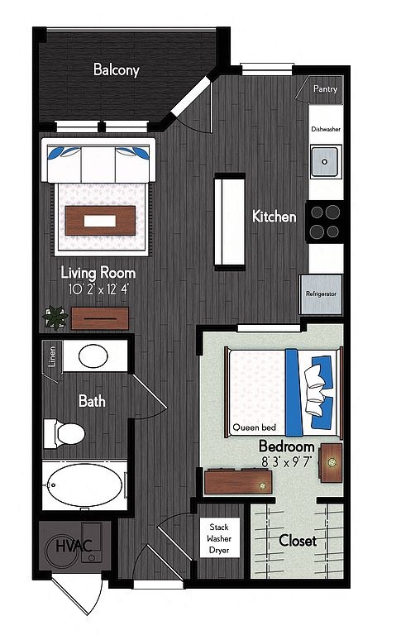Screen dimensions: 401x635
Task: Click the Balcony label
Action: point(117,69)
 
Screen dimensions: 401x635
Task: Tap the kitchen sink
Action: point(324,161)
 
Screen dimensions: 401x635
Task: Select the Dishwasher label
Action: point(326,129)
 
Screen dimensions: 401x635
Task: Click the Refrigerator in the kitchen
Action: point(321,294)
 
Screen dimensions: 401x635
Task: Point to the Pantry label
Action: point(325,88)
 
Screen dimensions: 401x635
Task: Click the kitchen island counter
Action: point(230,222)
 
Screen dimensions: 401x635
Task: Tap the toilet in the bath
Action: point(64,434)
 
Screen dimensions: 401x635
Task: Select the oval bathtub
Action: point(84,485)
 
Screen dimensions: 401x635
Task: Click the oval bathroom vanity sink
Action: point(93,356)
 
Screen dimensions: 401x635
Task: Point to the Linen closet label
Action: point(51,356)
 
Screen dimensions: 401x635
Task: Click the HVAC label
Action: point(74,546)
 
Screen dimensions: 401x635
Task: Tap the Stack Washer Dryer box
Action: point(220,538)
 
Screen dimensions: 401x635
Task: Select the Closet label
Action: point(298,541)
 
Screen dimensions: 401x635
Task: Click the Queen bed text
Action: point(255,427)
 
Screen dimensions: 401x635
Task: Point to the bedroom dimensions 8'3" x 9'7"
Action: point(287,461)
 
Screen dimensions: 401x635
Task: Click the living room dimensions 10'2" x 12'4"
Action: point(99,289)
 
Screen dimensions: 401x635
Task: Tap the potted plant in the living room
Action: point(55,317)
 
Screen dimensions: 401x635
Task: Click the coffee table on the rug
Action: point(100,221)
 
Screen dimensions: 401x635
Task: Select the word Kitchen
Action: point(274,217)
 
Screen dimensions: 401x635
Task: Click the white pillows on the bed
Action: point(316,389)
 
